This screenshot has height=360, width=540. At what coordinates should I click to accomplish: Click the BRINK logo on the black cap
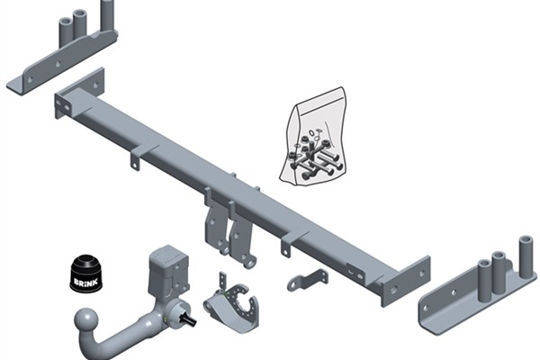(x=86, y=283)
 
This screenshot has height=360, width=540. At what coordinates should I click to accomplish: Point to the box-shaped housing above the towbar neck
(x=169, y=269)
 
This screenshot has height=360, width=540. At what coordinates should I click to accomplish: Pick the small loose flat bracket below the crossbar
(x=308, y=280)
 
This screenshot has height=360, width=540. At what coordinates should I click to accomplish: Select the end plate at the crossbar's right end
(x=406, y=282)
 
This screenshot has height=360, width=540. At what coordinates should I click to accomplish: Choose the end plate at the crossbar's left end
(x=78, y=93)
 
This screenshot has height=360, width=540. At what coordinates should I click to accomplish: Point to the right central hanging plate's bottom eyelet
(x=249, y=262)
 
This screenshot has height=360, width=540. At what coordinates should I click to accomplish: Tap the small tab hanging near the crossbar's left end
(x=135, y=161)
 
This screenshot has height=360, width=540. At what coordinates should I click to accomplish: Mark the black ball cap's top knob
(x=85, y=258)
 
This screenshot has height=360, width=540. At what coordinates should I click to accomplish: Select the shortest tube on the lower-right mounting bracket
(x=484, y=276)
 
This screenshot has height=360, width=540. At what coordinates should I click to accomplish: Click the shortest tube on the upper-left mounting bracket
(x=66, y=32)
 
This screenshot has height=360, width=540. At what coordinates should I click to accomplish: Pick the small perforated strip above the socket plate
(x=223, y=282)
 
